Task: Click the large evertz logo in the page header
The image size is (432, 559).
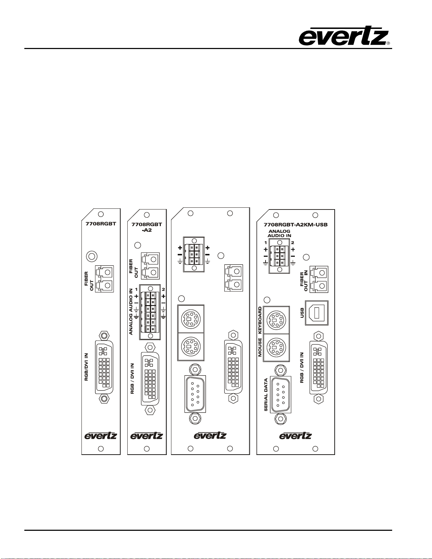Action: pos(344,36)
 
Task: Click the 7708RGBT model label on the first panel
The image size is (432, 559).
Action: pos(101,224)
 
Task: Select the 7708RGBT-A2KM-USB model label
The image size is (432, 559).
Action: pos(296,224)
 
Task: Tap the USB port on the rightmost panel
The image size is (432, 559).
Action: pos(317,313)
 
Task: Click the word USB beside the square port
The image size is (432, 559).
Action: pos(302,313)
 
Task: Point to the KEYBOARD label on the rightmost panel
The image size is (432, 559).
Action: pos(260,320)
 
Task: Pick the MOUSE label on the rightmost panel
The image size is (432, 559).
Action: pos(260,347)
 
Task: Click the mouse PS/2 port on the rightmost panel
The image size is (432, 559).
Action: pos(276,347)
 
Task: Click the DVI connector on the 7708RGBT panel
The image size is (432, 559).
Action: pos(104,367)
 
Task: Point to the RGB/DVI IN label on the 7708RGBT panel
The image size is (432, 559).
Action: pos(86,367)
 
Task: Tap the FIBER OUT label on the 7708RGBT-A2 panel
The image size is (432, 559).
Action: pos(134,268)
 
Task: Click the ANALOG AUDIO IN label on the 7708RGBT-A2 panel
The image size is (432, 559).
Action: pos(131,311)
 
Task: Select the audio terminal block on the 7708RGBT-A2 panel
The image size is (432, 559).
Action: pos(150,312)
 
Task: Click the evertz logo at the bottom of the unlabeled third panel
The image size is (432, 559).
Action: pos(210,436)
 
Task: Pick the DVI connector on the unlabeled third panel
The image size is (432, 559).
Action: pos(233,366)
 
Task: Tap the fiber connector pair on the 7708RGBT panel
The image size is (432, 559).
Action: pos(105,279)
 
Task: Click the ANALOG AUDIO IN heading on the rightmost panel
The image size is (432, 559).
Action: pos(279,233)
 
